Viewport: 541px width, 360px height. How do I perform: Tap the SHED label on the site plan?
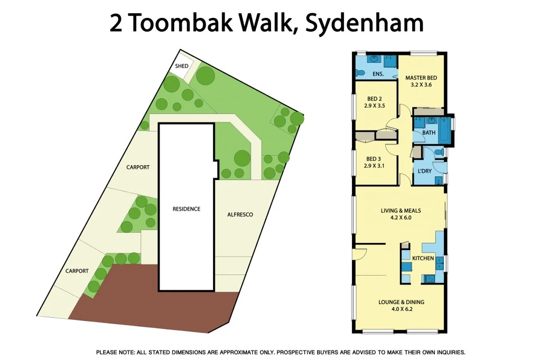(x=182, y=67)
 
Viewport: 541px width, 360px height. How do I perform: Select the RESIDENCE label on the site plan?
(x=186, y=209)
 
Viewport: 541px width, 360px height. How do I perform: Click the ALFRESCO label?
(x=240, y=215)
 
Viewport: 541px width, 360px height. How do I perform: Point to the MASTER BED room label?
(x=421, y=78)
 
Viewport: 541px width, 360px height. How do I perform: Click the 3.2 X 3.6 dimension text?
(x=421, y=85)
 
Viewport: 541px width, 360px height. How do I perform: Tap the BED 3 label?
(x=374, y=159)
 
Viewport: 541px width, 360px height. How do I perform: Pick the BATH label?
(x=428, y=132)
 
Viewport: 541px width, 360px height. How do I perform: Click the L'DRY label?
(x=424, y=172)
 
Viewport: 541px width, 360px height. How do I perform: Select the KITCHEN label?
(x=423, y=258)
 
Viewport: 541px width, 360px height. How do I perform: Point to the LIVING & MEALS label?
(x=400, y=211)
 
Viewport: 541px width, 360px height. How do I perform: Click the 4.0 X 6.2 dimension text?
(x=401, y=309)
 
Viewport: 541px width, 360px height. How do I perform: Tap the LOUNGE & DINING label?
(x=401, y=302)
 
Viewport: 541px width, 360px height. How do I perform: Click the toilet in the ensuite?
(x=360, y=72)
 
